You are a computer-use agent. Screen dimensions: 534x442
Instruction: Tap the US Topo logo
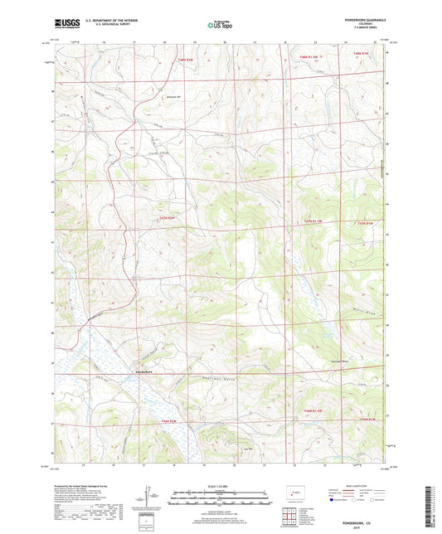(x=220, y=26)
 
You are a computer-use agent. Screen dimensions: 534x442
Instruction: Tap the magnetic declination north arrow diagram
(x=148, y=498)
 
